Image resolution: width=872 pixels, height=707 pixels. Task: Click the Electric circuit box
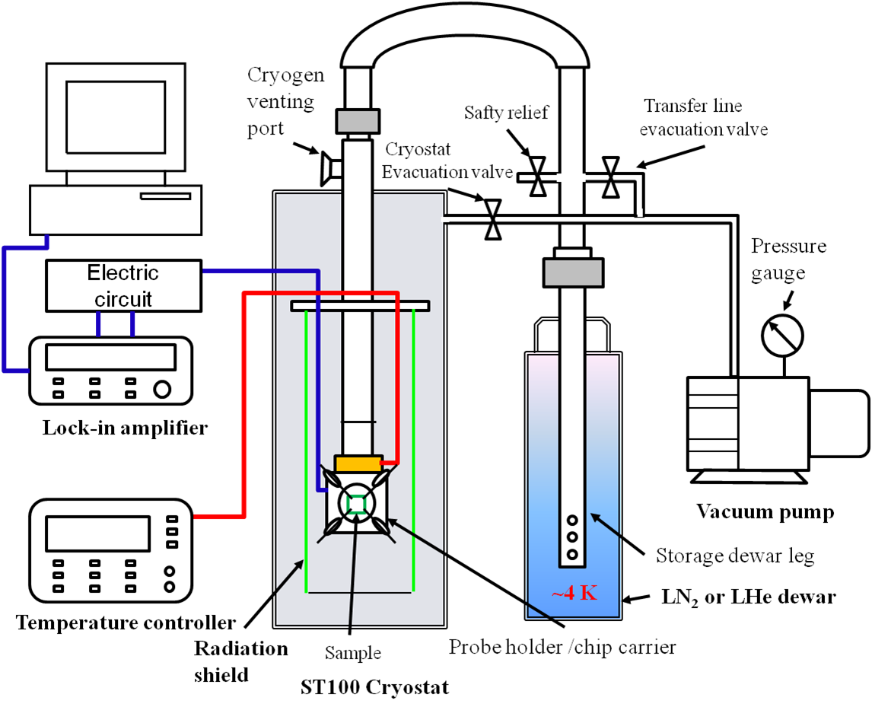pyautogui.click(x=123, y=285)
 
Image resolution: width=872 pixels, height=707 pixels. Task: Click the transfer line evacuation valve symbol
pyautogui.click(x=610, y=177)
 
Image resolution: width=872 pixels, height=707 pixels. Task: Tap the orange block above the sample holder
pyautogui.click(x=358, y=463)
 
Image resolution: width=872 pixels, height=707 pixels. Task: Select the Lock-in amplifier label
pyautogui.click(x=124, y=428)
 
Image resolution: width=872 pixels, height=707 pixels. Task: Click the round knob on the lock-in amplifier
pyautogui.click(x=162, y=389)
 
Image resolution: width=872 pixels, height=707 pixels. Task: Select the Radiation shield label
pyautogui.click(x=240, y=661)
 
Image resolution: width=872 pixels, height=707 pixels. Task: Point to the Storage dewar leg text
pyautogui.click(x=735, y=556)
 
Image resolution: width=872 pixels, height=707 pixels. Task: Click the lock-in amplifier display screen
pyautogui.click(x=110, y=356)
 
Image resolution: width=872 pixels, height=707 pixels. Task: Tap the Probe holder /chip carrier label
pyautogui.click(x=562, y=648)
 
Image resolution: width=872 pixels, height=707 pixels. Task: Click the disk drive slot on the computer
pyautogui.click(x=164, y=196)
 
